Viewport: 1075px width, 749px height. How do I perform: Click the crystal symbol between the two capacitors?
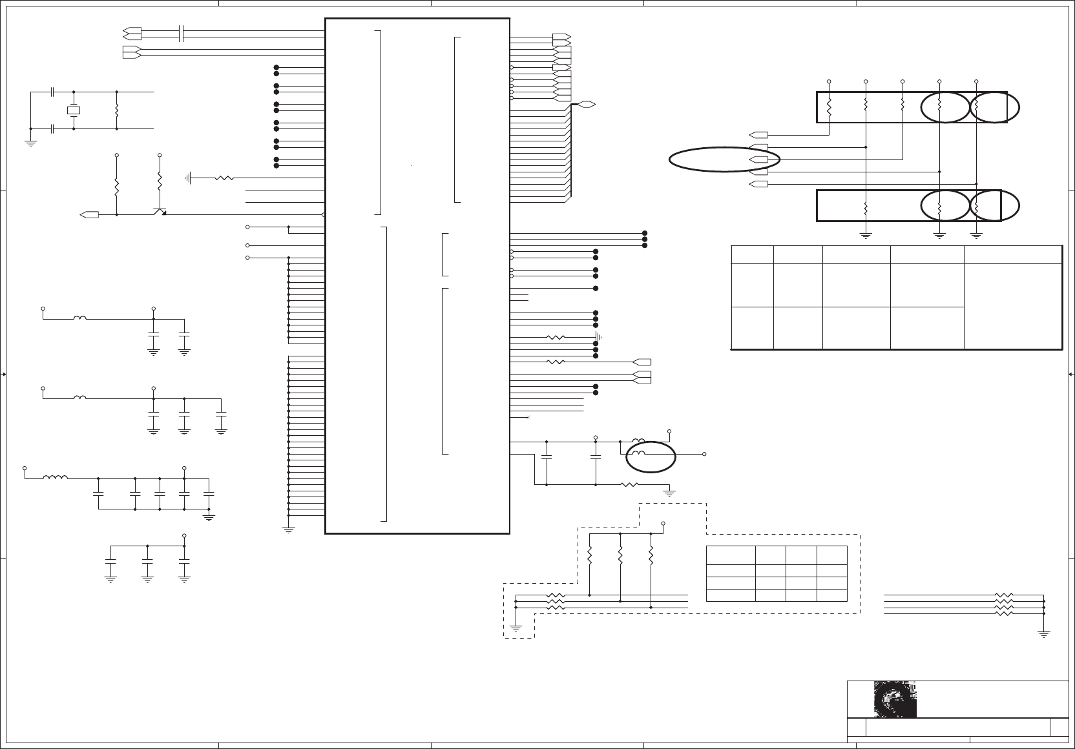[x=74, y=110]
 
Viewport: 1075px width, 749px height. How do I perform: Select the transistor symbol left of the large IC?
[x=160, y=210]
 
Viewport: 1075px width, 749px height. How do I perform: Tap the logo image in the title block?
[x=895, y=700]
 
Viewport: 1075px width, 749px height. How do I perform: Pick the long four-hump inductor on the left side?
[x=56, y=478]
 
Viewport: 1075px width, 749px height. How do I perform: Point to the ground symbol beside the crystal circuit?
[x=30, y=143]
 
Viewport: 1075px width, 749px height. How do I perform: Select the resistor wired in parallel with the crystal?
[x=116, y=110]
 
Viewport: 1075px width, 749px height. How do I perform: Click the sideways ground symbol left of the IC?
[x=189, y=178]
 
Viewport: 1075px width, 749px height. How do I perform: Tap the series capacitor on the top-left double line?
[x=182, y=34]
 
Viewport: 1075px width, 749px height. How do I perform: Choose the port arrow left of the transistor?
[x=89, y=214]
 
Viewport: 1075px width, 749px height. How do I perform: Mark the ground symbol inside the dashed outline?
[x=516, y=626]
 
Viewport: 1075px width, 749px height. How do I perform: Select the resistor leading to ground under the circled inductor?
[x=629, y=485]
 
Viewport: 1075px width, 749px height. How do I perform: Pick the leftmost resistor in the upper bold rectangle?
[x=829, y=107]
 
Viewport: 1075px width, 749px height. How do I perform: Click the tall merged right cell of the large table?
[x=1012, y=305]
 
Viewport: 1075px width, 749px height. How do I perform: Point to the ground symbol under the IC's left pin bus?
[x=288, y=529]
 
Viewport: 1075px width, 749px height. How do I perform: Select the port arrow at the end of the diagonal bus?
[x=587, y=104]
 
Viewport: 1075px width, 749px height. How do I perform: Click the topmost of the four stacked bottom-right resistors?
[x=1004, y=595]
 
